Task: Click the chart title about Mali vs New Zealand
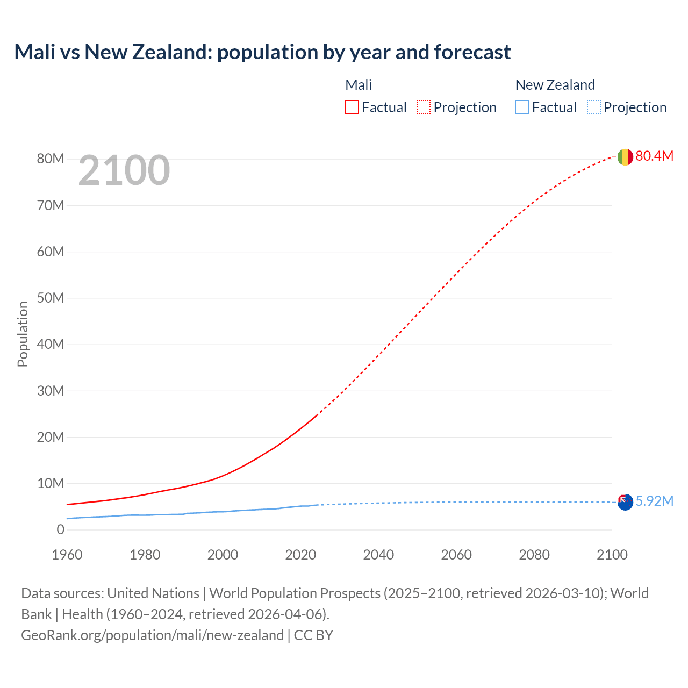pyautogui.click(x=262, y=52)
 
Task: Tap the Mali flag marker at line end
pyautogui.click(x=625, y=157)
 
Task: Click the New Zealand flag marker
pyautogui.click(x=625, y=502)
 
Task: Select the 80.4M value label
pyautogui.click(x=654, y=156)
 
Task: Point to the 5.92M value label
pyautogui.click(x=654, y=501)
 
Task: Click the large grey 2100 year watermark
pyautogui.click(x=124, y=171)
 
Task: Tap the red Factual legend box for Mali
pyautogui.click(x=352, y=107)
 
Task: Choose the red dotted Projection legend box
pyautogui.click(x=424, y=107)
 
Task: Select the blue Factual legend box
pyautogui.click(x=522, y=107)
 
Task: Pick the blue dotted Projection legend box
pyautogui.click(x=594, y=107)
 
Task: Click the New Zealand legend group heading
pyautogui.click(x=555, y=85)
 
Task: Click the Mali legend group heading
pyautogui.click(x=359, y=85)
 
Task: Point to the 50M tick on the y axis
pyautogui.click(x=51, y=298)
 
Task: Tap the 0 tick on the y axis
pyautogui.click(x=60, y=530)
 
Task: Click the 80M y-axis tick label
pyautogui.click(x=51, y=159)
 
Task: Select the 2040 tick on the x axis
pyautogui.click(x=378, y=555)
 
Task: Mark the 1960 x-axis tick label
pyautogui.click(x=67, y=555)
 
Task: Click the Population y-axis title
pyautogui.click(x=23, y=334)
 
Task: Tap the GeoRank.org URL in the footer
pyautogui.click(x=152, y=635)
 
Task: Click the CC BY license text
pyautogui.click(x=313, y=635)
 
